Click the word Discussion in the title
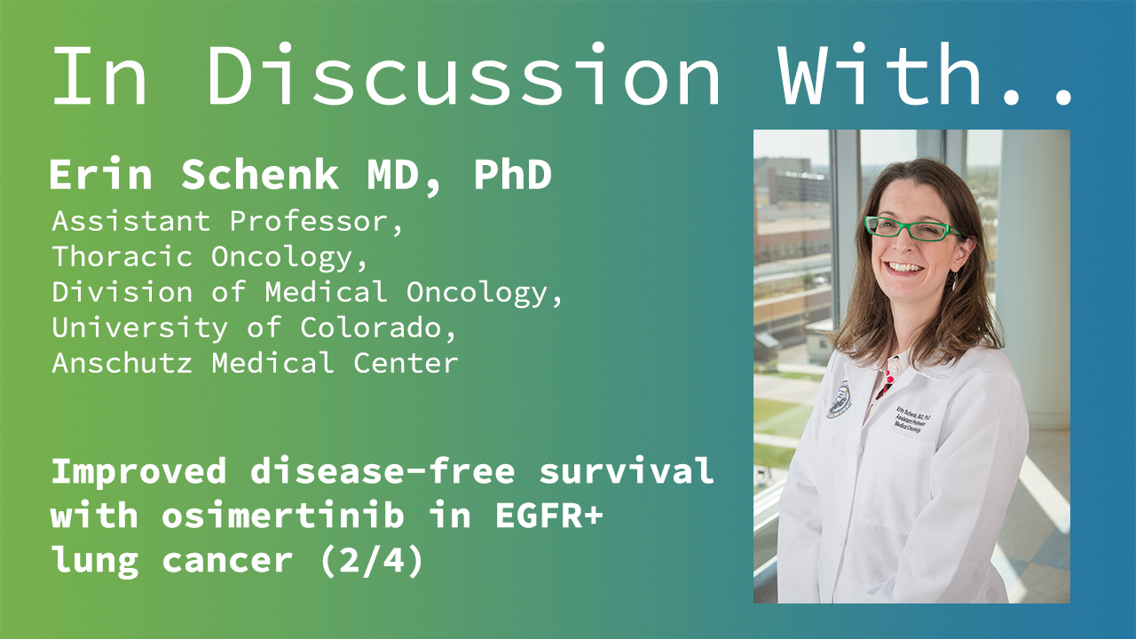click(463, 75)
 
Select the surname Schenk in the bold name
click(260, 175)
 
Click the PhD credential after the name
click(512, 175)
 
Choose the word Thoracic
click(122, 256)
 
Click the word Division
click(122, 292)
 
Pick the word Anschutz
click(122, 363)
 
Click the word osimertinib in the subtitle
click(283, 516)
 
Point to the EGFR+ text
click(549, 516)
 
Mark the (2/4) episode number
click(372, 560)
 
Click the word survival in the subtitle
click(627, 470)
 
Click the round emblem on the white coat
click(840, 399)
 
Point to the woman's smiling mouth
click(903, 267)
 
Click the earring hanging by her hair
click(955, 280)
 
